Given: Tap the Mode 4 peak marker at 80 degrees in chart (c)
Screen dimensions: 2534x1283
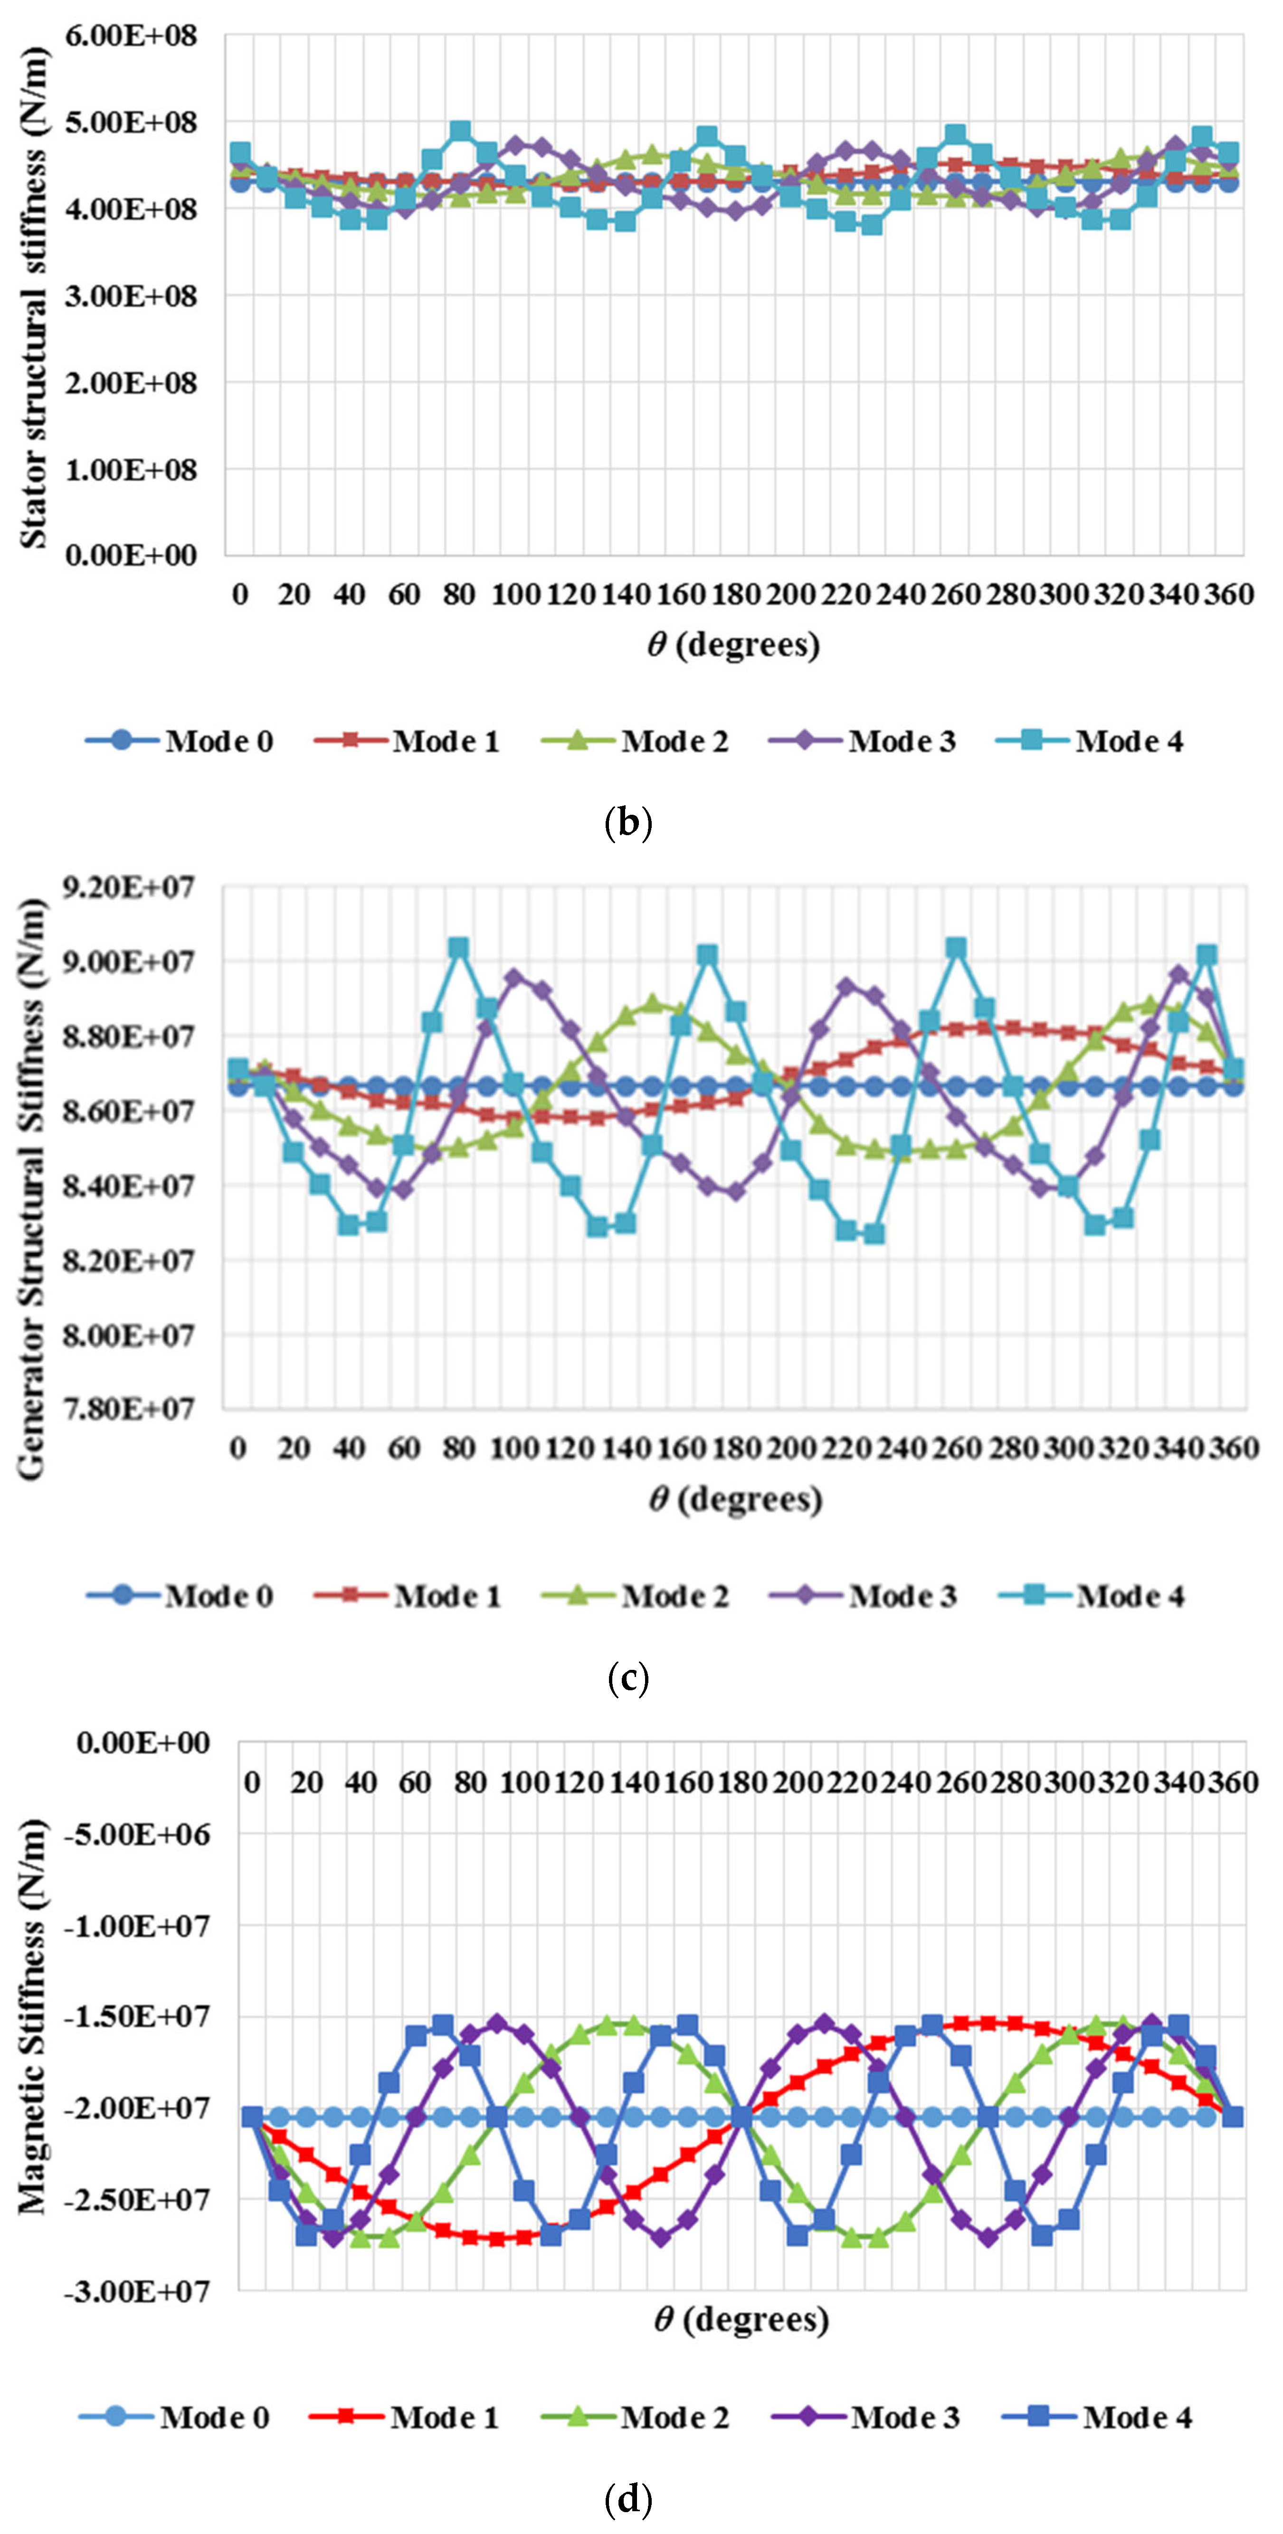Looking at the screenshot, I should point(458,947).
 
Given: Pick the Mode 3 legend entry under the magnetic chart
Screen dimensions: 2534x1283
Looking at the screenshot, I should point(866,2417).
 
